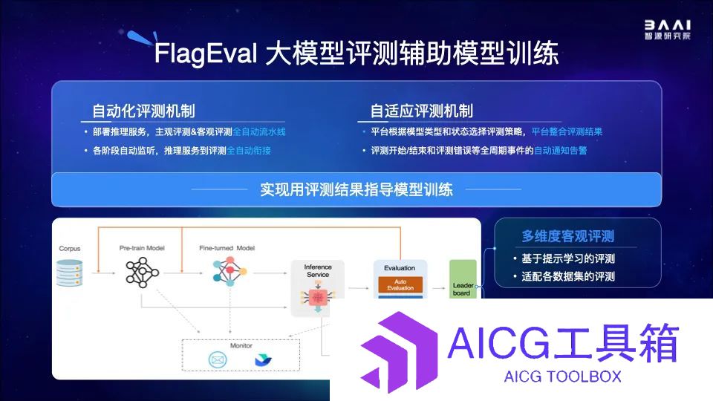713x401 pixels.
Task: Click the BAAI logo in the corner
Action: (x=667, y=30)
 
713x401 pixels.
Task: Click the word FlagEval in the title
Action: (x=206, y=53)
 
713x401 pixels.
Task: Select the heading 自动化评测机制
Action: (x=143, y=111)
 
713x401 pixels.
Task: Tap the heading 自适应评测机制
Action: (x=422, y=111)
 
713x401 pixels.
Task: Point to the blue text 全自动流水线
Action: (x=259, y=132)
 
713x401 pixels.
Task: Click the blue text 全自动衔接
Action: (x=249, y=151)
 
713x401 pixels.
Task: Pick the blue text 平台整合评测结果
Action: (x=567, y=132)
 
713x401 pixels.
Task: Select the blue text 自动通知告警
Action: (x=561, y=151)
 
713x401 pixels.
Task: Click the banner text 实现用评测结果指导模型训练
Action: (x=356, y=189)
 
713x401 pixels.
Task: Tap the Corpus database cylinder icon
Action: (x=70, y=273)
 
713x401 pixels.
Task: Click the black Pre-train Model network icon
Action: (x=143, y=273)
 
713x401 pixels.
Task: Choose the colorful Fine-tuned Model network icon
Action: (x=229, y=272)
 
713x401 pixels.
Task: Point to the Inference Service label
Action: (x=318, y=270)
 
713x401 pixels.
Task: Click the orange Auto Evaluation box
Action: (x=400, y=284)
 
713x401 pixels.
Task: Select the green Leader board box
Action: (x=463, y=279)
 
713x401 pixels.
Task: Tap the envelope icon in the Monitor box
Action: (x=218, y=360)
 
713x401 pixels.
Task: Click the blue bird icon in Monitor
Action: (x=263, y=360)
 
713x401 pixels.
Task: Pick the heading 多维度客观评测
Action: (x=568, y=236)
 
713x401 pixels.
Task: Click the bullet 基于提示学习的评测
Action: (x=568, y=258)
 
